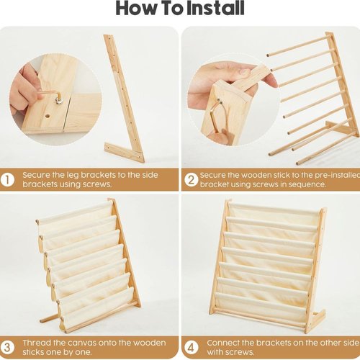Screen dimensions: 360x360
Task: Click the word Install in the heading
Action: [215, 8]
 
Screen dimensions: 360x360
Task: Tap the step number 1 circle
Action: [7, 180]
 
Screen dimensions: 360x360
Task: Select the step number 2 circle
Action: [191, 180]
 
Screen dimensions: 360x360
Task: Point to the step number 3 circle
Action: [7, 348]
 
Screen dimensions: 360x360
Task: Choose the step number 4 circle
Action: [191, 348]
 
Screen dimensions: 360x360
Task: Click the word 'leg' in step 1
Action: [72, 175]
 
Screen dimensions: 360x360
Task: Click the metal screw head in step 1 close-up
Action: [58, 101]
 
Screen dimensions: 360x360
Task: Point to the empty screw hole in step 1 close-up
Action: [48, 117]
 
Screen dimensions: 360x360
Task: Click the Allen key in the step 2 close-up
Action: [216, 115]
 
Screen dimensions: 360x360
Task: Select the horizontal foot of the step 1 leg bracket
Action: [125, 153]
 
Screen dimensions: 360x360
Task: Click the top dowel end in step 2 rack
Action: [268, 55]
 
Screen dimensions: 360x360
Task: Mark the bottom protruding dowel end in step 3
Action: [42, 320]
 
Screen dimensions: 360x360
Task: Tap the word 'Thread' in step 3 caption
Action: [36, 343]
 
